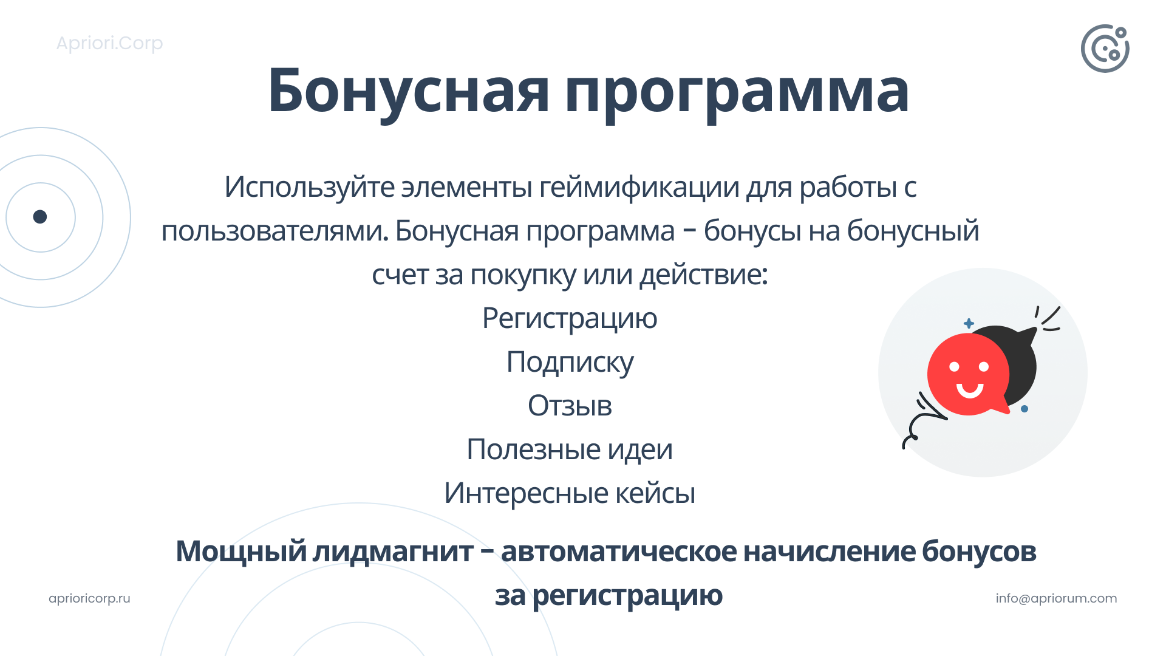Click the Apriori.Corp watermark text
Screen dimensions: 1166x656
(109, 44)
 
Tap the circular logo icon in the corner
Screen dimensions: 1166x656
(1105, 49)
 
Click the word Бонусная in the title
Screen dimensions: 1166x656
(409, 91)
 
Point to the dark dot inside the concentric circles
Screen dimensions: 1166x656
(40, 217)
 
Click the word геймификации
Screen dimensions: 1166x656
(639, 187)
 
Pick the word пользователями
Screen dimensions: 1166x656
(274, 231)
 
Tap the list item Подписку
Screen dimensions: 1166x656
(570, 363)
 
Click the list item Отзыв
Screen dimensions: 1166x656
(570, 406)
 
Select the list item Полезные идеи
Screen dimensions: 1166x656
(570, 449)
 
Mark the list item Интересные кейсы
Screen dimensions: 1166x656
(570, 493)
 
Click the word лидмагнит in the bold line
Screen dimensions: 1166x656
(393, 552)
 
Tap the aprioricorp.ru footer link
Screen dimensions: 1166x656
(89, 598)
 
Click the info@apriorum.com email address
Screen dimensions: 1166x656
(1056, 598)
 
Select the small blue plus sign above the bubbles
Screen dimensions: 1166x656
(969, 323)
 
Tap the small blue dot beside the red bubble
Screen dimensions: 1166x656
(1025, 409)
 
